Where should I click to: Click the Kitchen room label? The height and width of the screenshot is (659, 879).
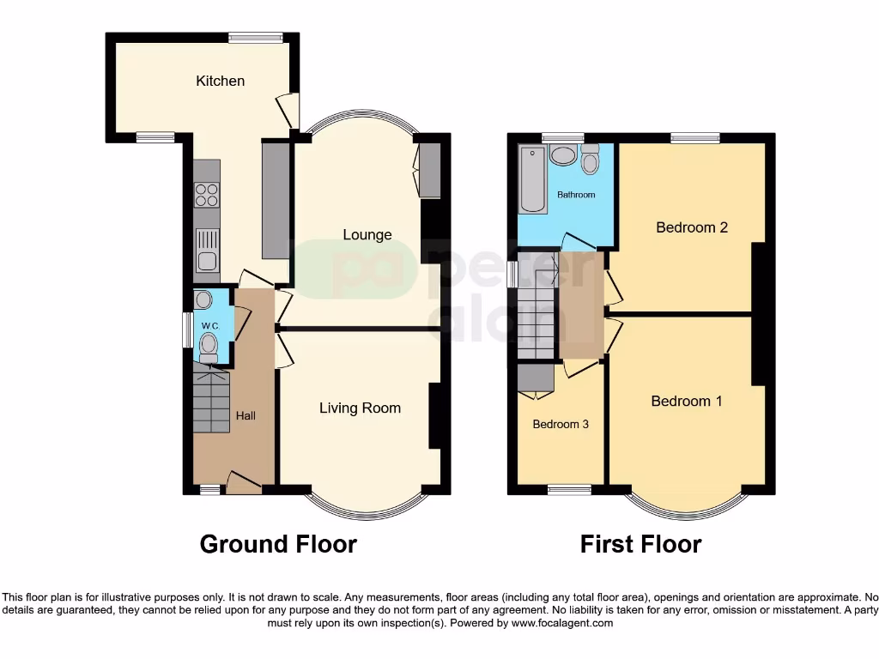coord(220,81)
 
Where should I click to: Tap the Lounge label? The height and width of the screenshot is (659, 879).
coord(367,234)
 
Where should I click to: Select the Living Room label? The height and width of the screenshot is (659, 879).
coord(360,408)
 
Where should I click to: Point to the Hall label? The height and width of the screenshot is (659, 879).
coord(246,415)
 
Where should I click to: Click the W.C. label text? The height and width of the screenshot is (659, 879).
coord(210,326)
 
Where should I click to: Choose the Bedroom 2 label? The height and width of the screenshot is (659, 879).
coord(692,227)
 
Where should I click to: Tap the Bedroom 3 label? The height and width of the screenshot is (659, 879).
coord(561,424)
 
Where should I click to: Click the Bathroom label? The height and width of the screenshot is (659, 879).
coord(575,195)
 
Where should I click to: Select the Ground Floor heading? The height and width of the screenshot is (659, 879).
coord(278,544)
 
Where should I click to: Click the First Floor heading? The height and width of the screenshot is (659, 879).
coord(640,544)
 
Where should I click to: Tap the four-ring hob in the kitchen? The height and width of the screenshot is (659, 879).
coord(207,196)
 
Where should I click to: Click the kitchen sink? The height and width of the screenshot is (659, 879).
coord(208,250)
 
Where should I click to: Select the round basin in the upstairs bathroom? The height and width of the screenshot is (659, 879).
coord(563,156)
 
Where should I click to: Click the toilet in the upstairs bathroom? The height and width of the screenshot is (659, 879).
coord(590,160)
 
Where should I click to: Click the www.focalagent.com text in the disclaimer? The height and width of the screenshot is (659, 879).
coord(561,624)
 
